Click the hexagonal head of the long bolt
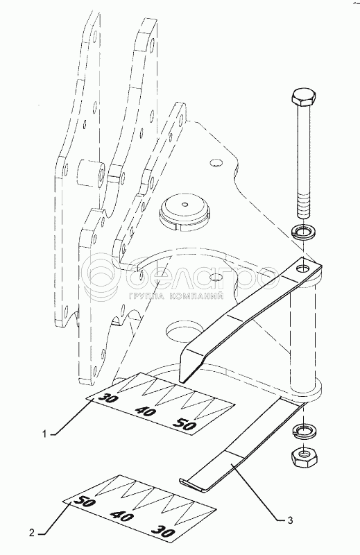click(x=304, y=98)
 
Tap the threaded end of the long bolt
click(x=304, y=207)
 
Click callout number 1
click(x=44, y=434)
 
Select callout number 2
click(x=32, y=533)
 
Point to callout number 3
click(x=290, y=520)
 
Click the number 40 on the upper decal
click(x=146, y=411)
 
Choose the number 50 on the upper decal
click(x=184, y=425)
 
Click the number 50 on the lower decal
click(x=84, y=502)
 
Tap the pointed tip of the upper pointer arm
click(x=182, y=382)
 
